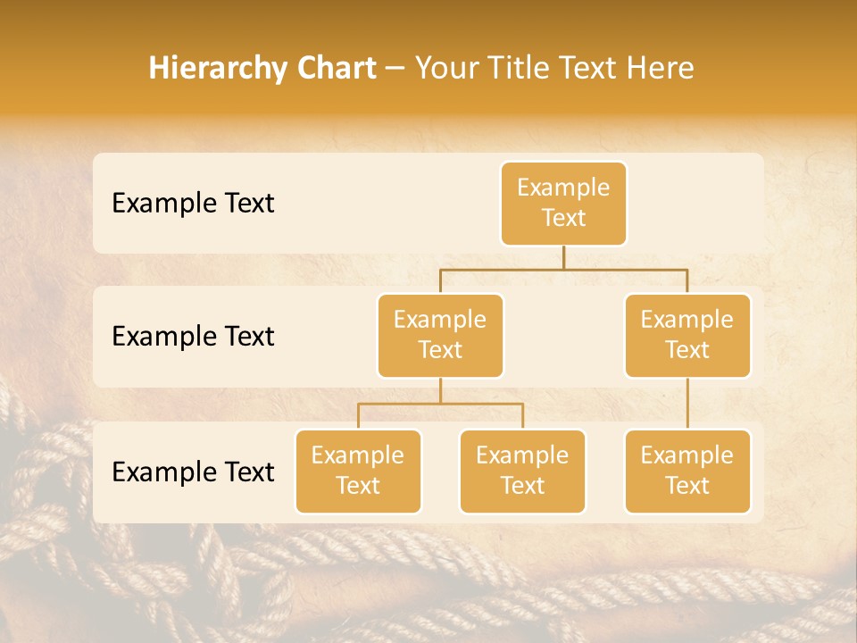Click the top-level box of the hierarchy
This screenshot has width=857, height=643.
click(563, 204)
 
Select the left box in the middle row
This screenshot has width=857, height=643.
click(440, 336)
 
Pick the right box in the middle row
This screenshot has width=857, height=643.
click(687, 336)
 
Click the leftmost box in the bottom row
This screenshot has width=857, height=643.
click(358, 472)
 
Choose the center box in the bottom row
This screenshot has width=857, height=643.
click(522, 472)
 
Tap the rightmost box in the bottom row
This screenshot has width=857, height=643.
click(687, 472)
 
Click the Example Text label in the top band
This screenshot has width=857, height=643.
click(193, 204)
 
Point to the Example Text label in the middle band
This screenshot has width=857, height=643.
click(193, 337)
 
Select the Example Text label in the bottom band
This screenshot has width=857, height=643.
click(193, 472)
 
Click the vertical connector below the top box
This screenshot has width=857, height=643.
click(563, 257)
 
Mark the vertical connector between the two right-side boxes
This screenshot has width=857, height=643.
click(687, 404)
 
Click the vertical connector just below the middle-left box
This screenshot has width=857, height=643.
click(440, 390)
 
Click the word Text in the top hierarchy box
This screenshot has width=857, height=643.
click(563, 219)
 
